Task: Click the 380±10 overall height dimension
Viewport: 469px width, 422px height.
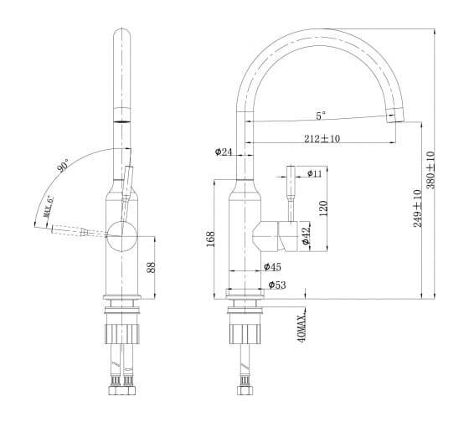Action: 430,170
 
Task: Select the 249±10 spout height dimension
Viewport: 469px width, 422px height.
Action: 418,208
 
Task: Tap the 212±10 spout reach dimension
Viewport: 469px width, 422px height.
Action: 322,138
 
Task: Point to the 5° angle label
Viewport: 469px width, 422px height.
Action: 321,116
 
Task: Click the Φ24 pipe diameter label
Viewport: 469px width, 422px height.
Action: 224,152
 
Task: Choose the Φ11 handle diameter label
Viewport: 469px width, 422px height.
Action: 314,173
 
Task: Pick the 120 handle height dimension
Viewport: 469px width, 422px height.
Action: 323,208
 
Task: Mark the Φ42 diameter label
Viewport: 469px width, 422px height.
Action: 306,235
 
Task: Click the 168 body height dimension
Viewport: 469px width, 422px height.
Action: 210,239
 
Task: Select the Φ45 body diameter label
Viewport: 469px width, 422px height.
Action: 272,266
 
